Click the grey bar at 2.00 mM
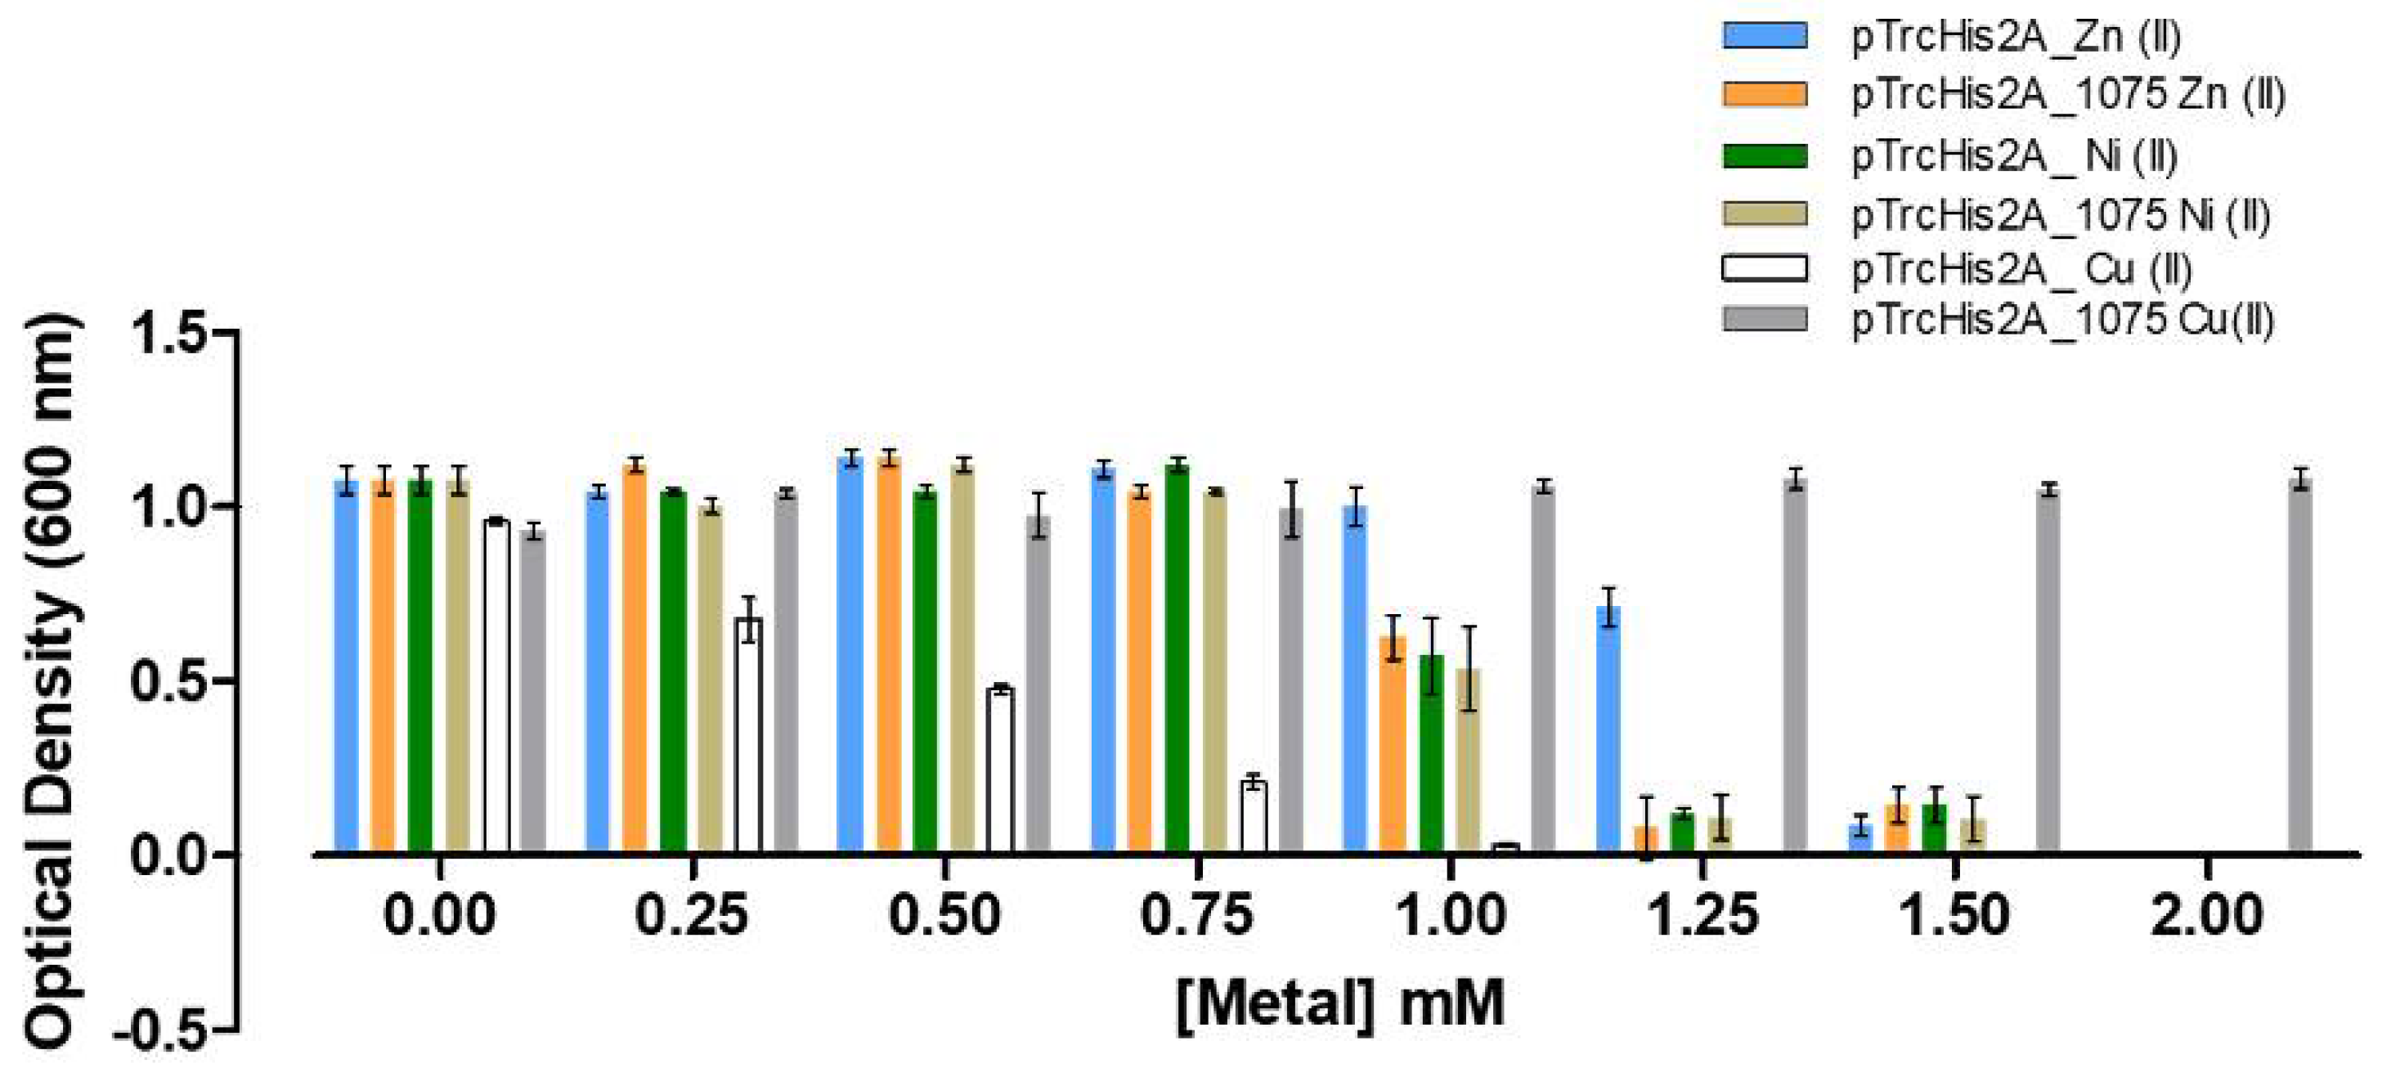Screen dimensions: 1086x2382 [2299, 666]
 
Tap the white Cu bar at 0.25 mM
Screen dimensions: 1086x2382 [748, 735]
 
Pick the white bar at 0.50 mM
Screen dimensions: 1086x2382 [999, 770]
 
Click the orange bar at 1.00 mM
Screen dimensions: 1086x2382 [1393, 745]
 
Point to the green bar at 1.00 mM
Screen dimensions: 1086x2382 [1430, 754]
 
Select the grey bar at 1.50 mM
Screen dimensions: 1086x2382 [2048, 671]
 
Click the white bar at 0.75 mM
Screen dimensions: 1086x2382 [1253, 816]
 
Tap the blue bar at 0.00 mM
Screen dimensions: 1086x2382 [346, 666]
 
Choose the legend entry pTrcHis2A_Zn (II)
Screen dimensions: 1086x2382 [2016, 37]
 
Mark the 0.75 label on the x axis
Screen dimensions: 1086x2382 [1196, 917]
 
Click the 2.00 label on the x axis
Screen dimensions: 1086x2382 [2206, 917]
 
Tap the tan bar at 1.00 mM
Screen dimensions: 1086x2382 [1469, 761]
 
